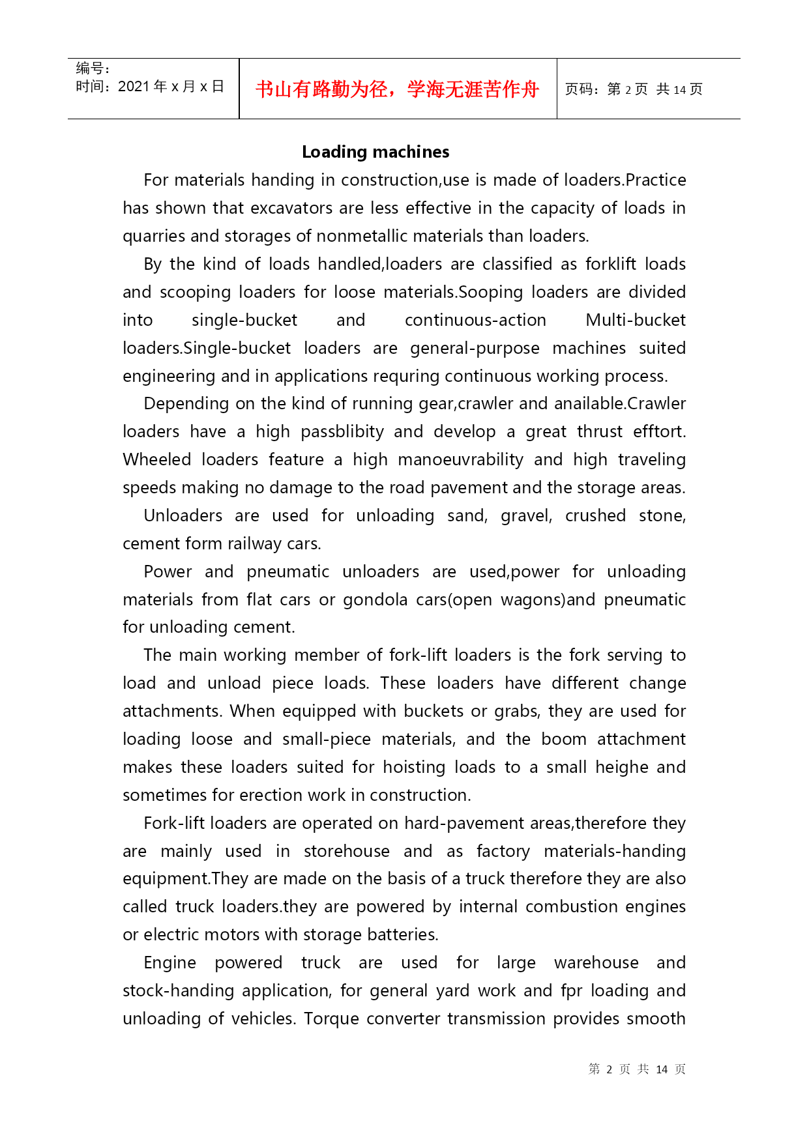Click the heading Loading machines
(375, 152)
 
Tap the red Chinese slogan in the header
(397, 89)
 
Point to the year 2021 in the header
(134, 87)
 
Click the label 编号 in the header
(90, 68)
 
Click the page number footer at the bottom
(636, 1069)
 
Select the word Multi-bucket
(636, 320)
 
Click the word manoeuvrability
(460, 459)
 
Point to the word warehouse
(596, 962)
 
